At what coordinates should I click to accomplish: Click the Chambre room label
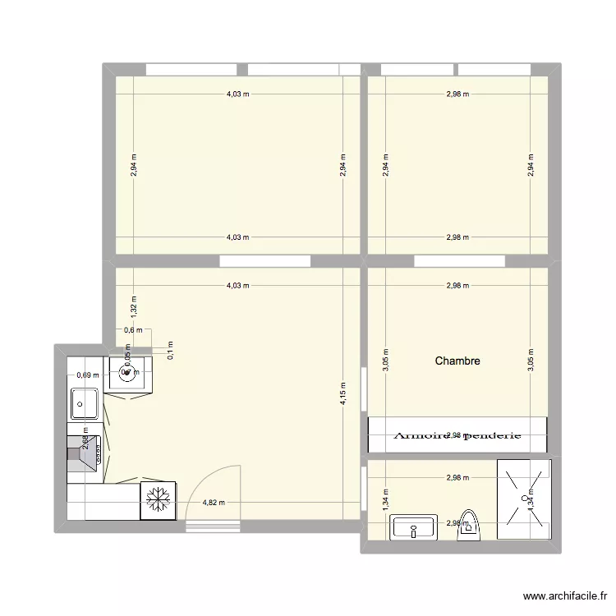457,361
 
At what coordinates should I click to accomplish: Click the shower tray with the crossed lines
522,500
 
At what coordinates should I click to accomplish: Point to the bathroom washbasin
415,527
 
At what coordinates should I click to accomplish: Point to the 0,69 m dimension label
87,375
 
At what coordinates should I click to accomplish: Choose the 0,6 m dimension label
133,331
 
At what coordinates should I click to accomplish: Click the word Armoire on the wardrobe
425,436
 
